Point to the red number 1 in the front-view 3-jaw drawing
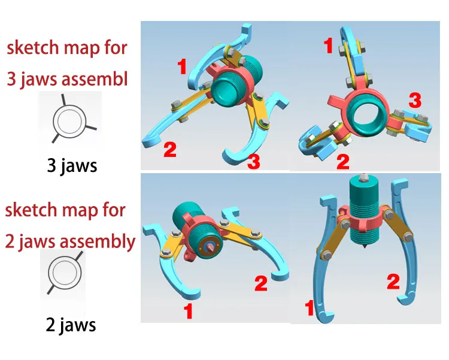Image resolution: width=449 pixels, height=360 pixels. pyautogui.click(x=328, y=45)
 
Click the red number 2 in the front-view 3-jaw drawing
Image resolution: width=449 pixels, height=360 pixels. pyautogui.click(x=342, y=161)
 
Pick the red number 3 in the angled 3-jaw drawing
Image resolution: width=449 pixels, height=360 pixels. pyautogui.click(x=254, y=161)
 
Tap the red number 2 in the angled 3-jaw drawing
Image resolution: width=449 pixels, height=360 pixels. pyautogui.click(x=170, y=149)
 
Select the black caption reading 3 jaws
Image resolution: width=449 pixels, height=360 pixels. pyautogui.click(x=72, y=165)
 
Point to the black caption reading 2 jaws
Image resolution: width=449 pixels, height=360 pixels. pyautogui.click(x=71, y=325)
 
